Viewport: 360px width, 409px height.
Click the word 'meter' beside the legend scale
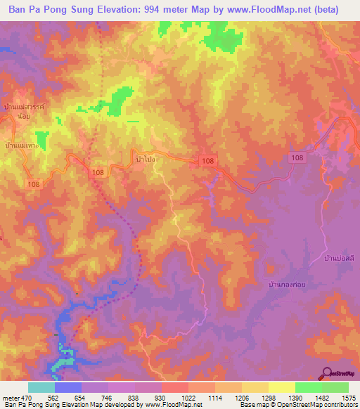tap(11, 398)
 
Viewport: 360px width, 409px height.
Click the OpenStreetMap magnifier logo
tap(328, 373)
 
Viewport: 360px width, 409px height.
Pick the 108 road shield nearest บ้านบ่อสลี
tap(296, 159)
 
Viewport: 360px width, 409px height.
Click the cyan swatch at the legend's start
tap(41, 387)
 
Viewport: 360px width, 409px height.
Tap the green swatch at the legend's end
tap(335, 387)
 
